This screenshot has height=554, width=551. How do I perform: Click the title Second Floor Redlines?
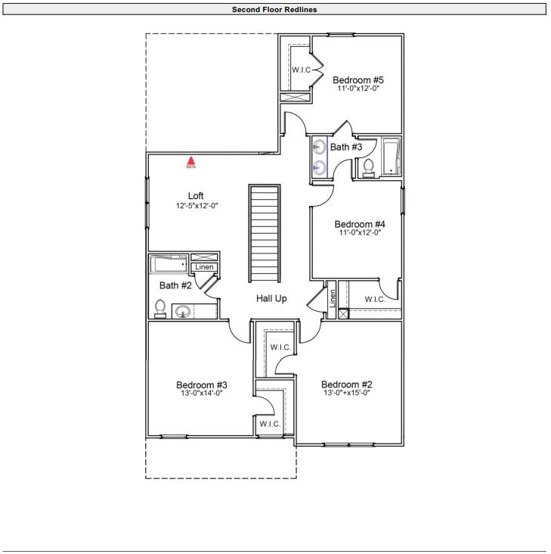point(274,9)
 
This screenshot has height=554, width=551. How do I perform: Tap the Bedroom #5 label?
point(358,79)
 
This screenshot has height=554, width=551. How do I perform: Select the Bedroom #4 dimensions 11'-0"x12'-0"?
point(360,233)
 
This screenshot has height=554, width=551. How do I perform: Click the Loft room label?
point(196,196)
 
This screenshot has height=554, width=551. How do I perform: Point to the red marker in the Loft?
point(191,161)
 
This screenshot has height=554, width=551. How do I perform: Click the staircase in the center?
point(265,232)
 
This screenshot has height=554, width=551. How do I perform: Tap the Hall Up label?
point(271,299)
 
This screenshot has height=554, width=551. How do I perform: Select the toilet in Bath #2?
point(159,308)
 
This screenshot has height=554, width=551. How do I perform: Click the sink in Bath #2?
point(182,311)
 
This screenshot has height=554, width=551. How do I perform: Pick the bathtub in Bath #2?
point(168,264)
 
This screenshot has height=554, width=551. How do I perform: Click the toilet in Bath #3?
point(369,167)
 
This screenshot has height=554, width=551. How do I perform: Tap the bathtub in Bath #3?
point(391,157)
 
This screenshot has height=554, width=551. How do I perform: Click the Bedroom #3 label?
point(202,384)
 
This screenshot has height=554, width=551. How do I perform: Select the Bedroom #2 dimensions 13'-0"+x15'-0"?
point(346,393)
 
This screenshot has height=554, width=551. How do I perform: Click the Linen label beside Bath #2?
point(205,267)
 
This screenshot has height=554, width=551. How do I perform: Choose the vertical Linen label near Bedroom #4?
point(332,299)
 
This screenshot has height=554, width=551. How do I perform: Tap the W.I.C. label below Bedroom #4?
point(375,300)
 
